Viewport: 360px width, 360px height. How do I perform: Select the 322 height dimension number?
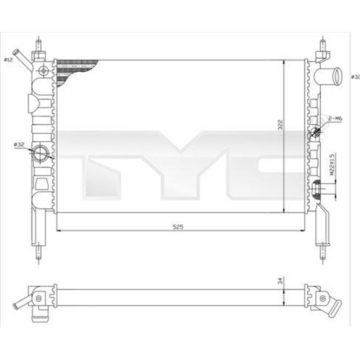click(279, 125)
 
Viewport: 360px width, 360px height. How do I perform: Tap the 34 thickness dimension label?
click(279, 281)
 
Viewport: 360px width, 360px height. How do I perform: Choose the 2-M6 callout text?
click(335, 118)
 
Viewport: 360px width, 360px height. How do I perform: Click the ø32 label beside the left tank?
click(19, 144)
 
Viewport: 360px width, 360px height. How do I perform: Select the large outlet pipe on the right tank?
click(330, 75)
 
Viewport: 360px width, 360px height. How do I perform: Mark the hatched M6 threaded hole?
click(316, 131)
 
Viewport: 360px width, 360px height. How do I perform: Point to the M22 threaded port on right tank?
click(316, 188)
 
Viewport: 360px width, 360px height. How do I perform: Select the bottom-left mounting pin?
click(39, 253)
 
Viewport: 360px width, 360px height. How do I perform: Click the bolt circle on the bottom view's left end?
click(39, 298)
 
